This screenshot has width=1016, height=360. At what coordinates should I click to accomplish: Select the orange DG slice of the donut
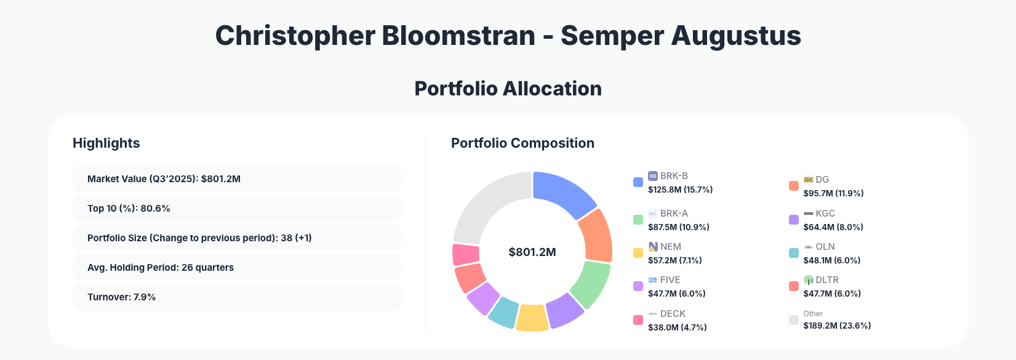(x=596, y=236)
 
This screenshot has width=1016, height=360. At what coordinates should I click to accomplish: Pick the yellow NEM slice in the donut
(x=532, y=318)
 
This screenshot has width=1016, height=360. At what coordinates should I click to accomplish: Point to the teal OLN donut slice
(x=504, y=311)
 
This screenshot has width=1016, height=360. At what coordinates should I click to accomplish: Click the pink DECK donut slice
(x=466, y=254)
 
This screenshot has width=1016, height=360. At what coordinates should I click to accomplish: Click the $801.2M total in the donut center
(x=532, y=252)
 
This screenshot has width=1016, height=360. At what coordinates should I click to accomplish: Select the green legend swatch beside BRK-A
(x=638, y=220)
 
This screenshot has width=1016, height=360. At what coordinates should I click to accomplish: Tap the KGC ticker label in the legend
(x=825, y=214)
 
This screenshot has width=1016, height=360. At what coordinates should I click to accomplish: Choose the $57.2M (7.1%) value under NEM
(x=674, y=260)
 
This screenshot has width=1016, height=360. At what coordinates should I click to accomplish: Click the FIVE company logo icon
(x=653, y=280)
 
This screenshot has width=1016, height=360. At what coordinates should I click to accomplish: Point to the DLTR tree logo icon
(x=809, y=280)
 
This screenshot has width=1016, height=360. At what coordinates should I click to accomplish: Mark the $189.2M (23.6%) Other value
(x=837, y=326)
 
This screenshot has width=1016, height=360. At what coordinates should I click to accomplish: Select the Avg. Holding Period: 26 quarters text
(x=161, y=268)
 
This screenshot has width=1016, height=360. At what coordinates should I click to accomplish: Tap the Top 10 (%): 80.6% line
(x=129, y=209)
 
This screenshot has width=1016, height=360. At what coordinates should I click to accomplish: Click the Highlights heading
(x=106, y=143)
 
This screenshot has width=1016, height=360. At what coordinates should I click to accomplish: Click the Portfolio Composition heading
(x=522, y=143)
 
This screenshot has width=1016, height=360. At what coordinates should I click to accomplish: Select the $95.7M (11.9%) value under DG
(x=833, y=193)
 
